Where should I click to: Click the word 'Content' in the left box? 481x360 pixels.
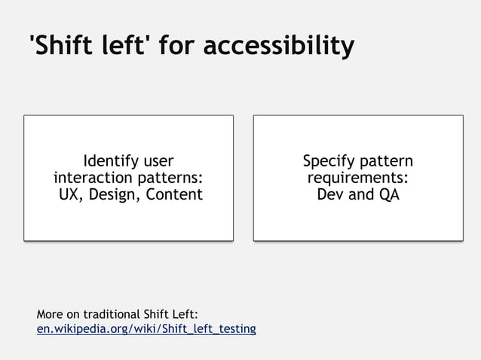[x=175, y=194]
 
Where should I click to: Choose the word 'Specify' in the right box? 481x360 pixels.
[x=329, y=161]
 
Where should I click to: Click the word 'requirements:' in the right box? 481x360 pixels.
[x=357, y=178]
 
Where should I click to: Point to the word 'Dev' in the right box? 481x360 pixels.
[x=332, y=194]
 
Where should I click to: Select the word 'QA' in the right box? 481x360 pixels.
[x=388, y=194]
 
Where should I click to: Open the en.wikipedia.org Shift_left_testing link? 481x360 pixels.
[x=146, y=329]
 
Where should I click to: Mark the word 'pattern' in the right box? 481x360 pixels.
[x=387, y=161]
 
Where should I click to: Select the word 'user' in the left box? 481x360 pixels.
[x=158, y=161]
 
